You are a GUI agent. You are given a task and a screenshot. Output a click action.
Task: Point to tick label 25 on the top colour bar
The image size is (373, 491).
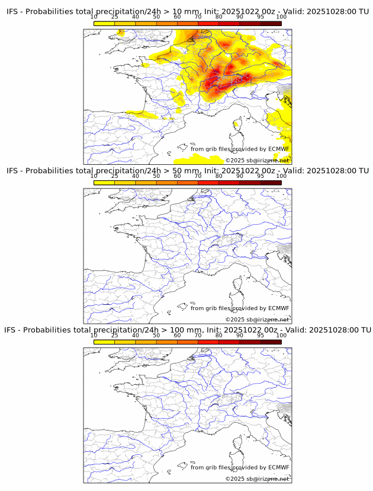(x=115, y=17)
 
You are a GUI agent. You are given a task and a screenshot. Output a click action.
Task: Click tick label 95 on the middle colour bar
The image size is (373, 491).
(x=261, y=176)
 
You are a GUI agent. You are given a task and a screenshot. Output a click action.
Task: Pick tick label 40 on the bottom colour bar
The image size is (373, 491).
(x=136, y=335)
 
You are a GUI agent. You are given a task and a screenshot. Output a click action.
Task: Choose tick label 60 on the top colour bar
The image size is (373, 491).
(x=177, y=17)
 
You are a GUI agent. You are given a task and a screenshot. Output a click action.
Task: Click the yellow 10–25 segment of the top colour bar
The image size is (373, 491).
(x=104, y=23)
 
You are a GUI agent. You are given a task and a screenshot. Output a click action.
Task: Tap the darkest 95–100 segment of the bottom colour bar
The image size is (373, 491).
(x=271, y=342)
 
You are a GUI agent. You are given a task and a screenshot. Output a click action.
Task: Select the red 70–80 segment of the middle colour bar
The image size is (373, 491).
(x=208, y=183)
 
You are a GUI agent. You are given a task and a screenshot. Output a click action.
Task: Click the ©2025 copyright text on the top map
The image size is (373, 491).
(x=235, y=161)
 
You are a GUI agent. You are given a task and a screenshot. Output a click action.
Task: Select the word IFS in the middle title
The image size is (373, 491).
(x=13, y=171)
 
